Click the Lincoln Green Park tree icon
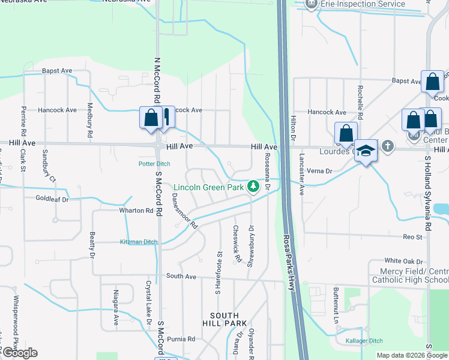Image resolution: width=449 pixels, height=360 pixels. pyautogui.click(x=254, y=187)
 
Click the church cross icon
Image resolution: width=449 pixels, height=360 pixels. pyautogui.click(x=388, y=146)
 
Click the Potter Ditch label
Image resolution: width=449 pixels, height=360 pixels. pyautogui.click(x=155, y=164)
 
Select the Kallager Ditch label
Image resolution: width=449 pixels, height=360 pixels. pyautogui.click(x=364, y=341)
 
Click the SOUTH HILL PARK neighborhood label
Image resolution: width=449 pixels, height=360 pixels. pyautogui.click(x=224, y=320)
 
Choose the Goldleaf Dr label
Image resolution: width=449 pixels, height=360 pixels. pyautogui.click(x=52, y=199)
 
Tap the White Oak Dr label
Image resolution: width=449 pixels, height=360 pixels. pyautogui.click(x=404, y=261)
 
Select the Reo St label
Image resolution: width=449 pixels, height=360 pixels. pyautogui.click(x=412, y=238)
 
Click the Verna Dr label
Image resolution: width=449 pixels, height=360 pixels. pyautogui.click(x=319, y=171)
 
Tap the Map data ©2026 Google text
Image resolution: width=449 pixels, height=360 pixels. pyautogui.click(x=412, y=355)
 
